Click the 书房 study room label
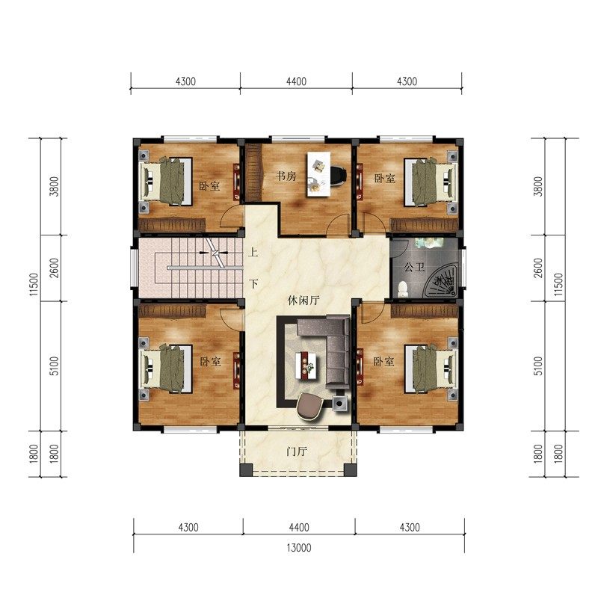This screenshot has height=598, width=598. tap(286, 176)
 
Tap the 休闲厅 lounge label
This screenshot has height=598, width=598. tap(303, 300)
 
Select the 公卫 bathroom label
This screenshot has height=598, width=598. tap(414, 267)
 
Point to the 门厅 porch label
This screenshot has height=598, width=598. tap(297, 451)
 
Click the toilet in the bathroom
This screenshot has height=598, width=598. tap(403, 289)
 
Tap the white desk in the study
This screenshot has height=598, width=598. tap(319, 174)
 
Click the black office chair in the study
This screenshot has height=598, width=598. tap(338, 176)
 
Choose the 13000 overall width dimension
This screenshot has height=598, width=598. tap(299, 548)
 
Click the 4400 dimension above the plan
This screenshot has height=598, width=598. tap(296, 81)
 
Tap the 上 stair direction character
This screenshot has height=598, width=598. tap(253, 252)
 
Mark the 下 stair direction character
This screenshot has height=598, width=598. tap(253, 284)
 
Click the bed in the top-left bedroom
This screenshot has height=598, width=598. tap(165, 180)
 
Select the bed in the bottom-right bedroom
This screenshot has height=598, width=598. tap(432, 369)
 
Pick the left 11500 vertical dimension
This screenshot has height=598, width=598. tap(34, 285)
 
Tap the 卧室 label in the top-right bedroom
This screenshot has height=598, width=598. tap(384, 178)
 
